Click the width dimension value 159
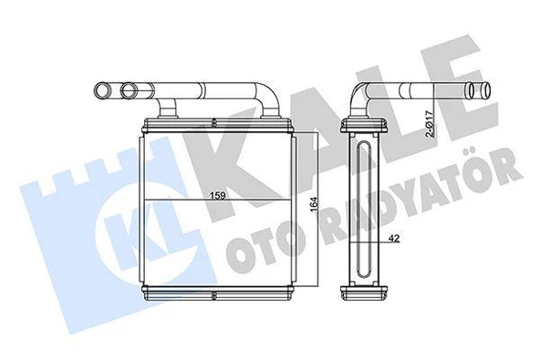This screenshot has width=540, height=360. [219, 194]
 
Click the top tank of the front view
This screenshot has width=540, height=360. [216, 124]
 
